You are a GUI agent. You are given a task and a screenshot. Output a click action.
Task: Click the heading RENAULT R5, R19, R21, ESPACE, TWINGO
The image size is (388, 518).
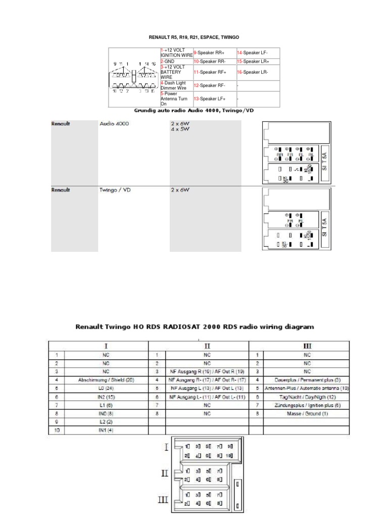193,37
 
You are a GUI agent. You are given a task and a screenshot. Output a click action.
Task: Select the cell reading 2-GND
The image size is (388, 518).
167,61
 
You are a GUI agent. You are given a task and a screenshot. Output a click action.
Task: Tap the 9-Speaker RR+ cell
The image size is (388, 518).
211,53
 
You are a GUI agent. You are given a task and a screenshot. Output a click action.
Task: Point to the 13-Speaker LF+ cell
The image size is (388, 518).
211,99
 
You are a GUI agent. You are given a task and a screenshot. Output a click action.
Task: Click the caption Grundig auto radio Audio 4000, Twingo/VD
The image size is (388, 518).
194,111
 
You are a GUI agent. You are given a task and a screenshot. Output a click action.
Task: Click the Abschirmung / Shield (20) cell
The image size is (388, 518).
106,379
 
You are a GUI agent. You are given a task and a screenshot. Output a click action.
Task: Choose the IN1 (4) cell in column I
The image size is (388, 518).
106,430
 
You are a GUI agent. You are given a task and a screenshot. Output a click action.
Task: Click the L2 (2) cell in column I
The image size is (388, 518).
106,421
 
